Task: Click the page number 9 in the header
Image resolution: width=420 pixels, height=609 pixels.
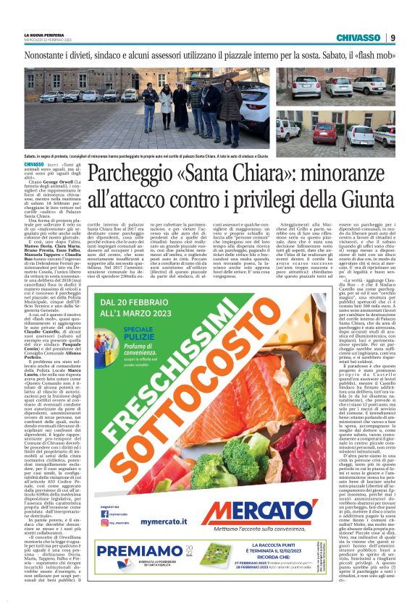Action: [x=392, y=38]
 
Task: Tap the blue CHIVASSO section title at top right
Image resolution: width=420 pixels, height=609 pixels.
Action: [x=359, y=38]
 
